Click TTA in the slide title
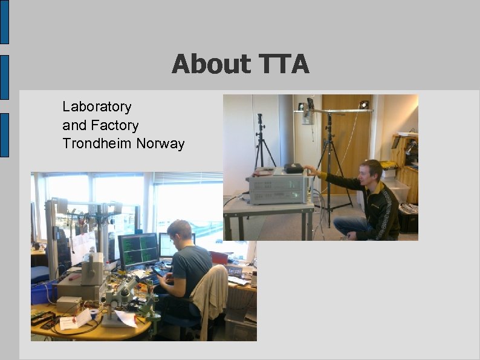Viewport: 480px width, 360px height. [x=284, y=64]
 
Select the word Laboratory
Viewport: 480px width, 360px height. [x=97, y=107]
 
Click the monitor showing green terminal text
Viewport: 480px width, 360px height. [x=138, y=250]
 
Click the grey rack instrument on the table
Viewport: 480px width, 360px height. [x=277, y=188]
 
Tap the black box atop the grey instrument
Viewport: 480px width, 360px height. [x=294, y=169]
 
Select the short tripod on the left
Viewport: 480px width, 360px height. [x=262, y=142]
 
